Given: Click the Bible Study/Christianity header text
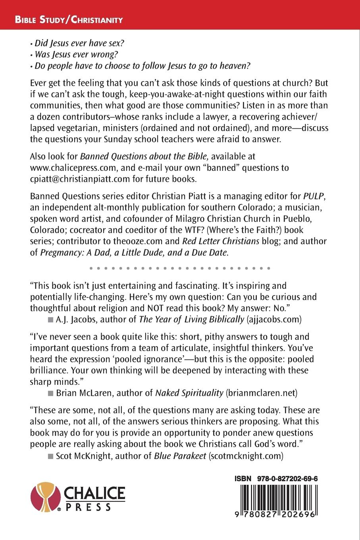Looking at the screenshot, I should pyautogui.click(x=69, y=20).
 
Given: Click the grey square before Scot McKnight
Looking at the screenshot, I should pyautogui.click(x=50, y=457).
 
